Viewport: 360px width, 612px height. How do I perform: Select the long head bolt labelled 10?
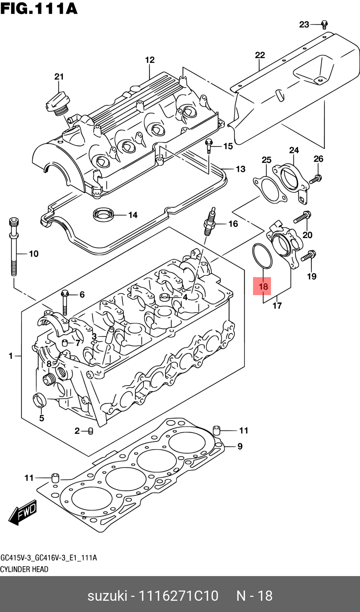14,246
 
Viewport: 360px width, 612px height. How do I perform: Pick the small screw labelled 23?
324,25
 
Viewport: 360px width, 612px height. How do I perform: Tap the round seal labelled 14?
103,214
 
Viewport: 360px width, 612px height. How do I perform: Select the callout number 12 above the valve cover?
150,60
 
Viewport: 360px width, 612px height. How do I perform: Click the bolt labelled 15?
209,145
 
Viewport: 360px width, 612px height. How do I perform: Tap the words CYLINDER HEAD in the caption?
24,569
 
